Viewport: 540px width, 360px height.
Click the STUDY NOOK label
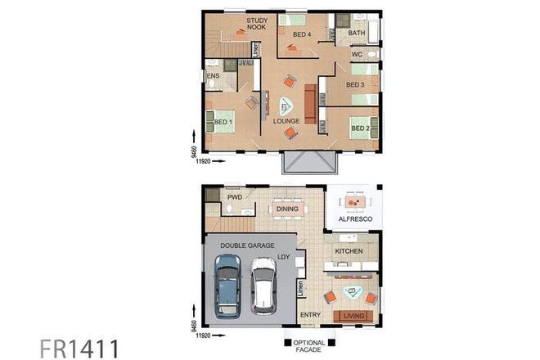257,23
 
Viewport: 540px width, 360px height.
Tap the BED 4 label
302,34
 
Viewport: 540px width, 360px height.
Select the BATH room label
357,34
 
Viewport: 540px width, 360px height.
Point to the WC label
357,55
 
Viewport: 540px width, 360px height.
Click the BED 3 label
355,85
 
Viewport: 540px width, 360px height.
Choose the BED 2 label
361,128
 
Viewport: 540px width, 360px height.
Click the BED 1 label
223,123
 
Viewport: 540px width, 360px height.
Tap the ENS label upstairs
213,77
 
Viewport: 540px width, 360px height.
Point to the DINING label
287,209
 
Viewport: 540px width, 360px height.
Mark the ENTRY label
310,315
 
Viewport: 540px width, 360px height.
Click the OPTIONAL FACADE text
309,347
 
